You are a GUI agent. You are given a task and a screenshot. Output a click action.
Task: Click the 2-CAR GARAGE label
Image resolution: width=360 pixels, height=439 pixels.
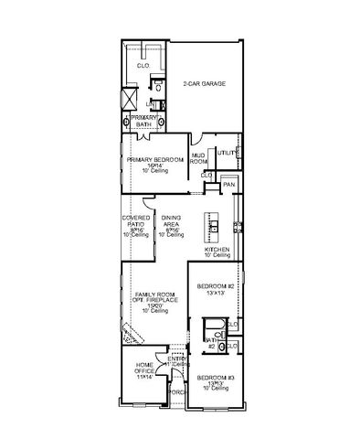(x=204, y=83)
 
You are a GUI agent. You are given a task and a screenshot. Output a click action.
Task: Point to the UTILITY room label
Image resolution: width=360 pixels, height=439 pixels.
(x=226, y=152)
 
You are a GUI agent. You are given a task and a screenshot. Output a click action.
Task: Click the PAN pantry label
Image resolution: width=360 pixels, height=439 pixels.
(x=228, y=184)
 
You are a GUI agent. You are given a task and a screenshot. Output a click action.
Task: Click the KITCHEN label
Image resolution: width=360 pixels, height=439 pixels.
(x=217, y=249)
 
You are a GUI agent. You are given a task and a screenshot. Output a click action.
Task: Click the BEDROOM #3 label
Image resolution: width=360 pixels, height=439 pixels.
(x=216, y=378)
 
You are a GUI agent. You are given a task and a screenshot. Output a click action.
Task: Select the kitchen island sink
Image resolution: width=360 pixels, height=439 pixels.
(x=217, y=223)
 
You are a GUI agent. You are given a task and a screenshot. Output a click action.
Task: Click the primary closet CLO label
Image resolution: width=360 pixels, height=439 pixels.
(x=143, y=66)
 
